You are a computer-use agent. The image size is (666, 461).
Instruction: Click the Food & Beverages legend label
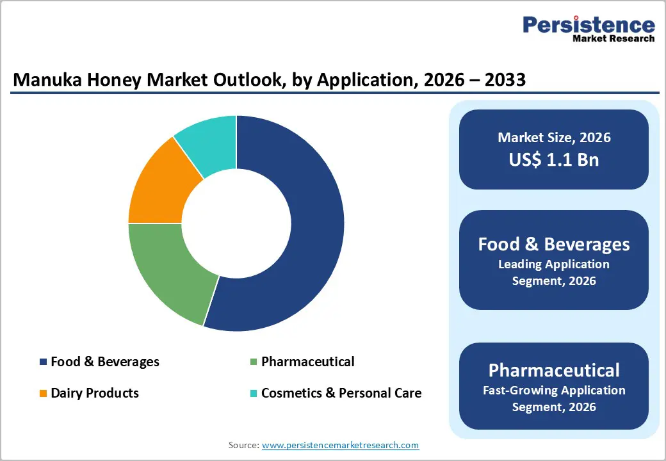click(105, 362)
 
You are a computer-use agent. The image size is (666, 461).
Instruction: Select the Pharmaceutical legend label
click(307, 362)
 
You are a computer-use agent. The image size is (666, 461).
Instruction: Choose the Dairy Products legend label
click(95, 392)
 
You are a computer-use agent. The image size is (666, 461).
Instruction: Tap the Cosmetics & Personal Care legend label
click(341, 392)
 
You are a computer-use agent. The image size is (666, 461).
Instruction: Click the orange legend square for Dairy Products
click(44, 393)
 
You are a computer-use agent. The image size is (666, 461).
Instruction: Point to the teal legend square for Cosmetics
click(254, 393)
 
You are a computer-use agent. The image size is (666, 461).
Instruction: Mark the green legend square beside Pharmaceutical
click(254, 362)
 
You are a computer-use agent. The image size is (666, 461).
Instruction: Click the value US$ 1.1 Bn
click(554, 159)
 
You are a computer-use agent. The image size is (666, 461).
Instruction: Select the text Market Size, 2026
click(554, 137)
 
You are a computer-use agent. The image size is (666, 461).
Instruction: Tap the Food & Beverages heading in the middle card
click(554, 244)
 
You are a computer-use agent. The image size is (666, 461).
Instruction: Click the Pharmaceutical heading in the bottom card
click(554, 370)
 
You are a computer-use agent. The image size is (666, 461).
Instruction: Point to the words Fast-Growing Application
click(554, 390)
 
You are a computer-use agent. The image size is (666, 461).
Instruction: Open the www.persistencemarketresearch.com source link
click(340, 445)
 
